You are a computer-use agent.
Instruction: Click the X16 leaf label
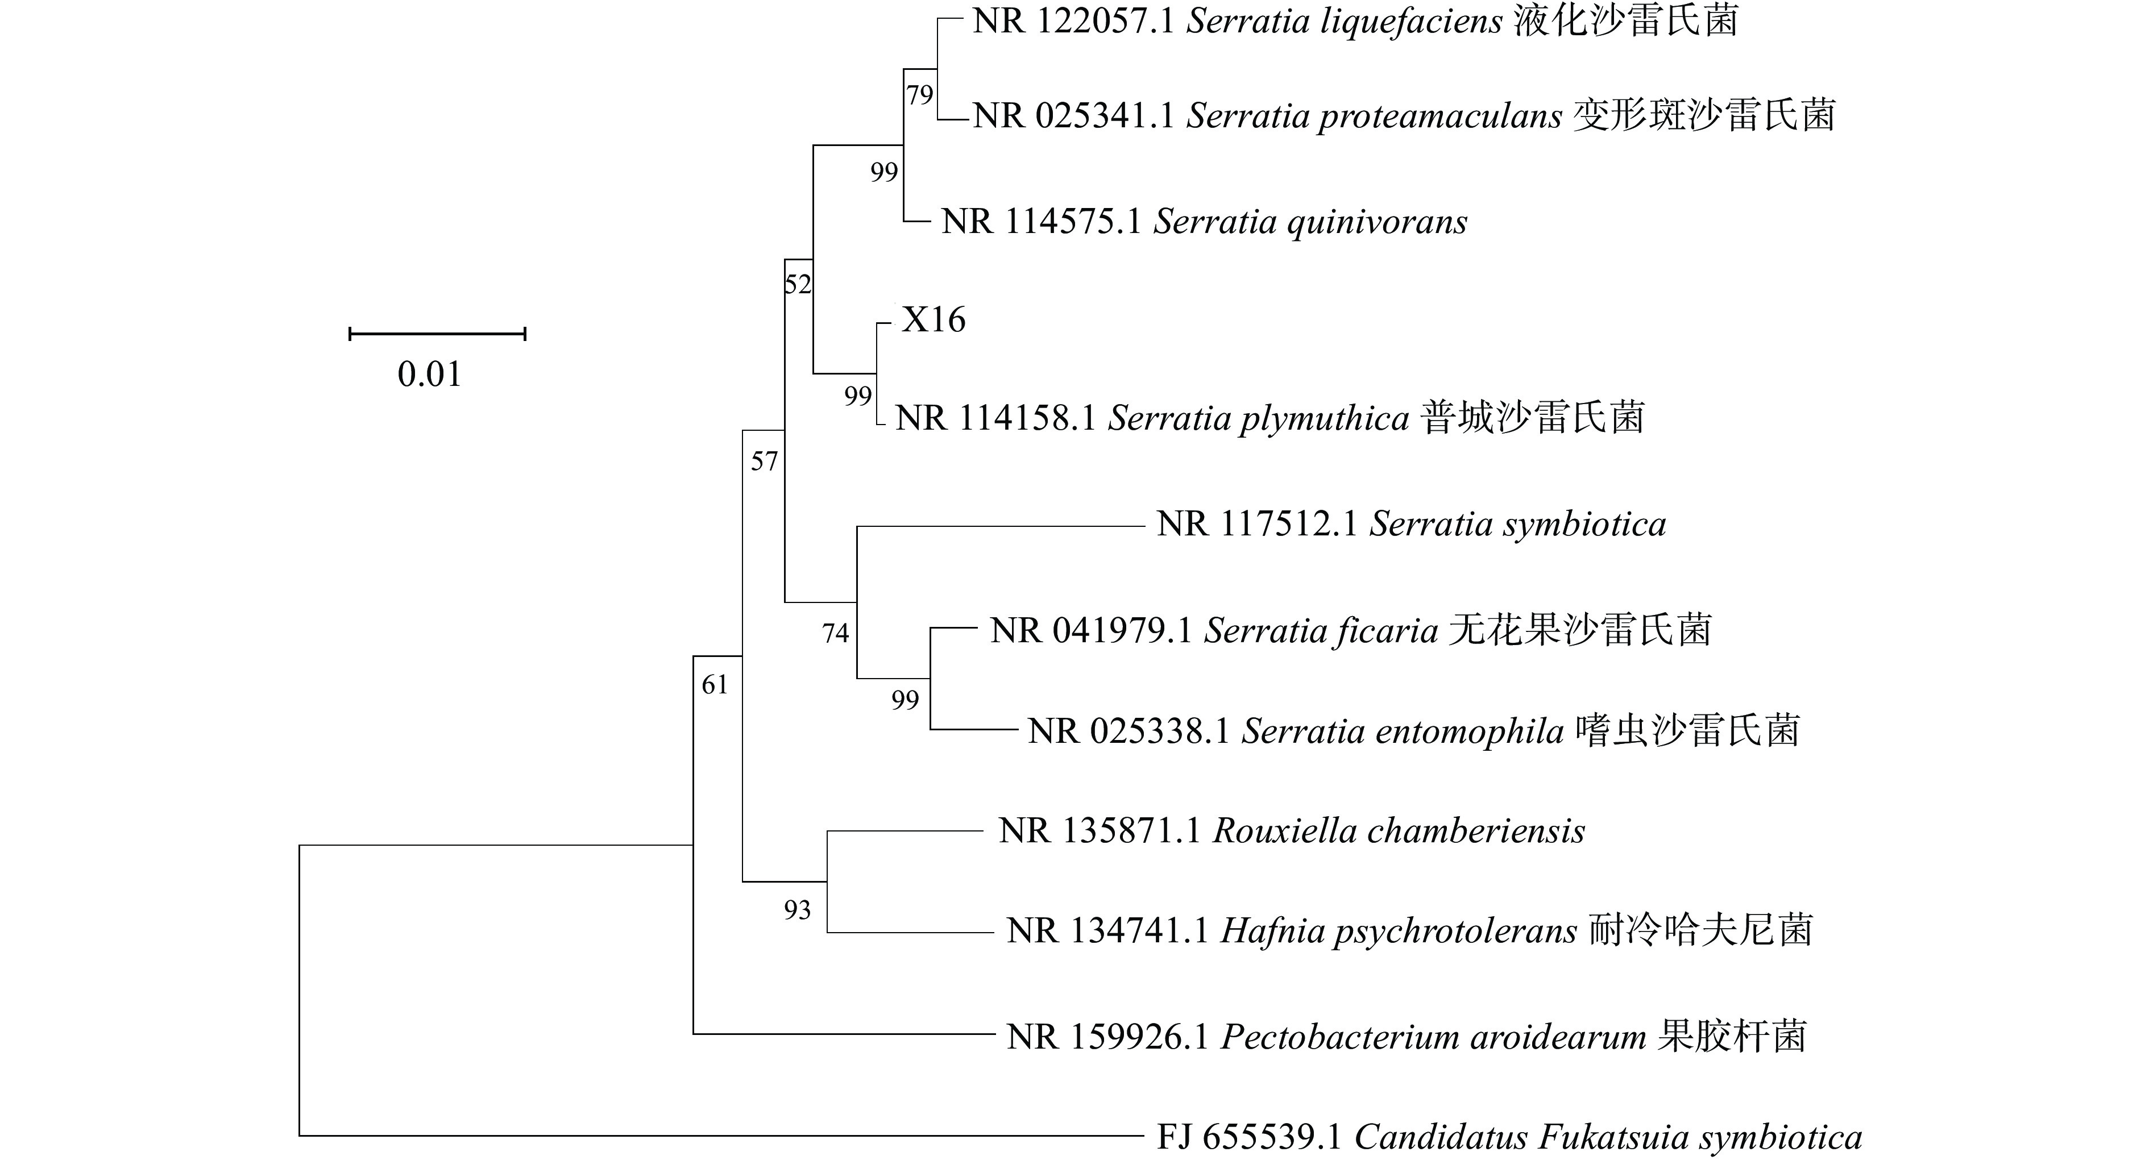click(x=934, y=319)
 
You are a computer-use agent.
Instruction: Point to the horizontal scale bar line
click(x=437, y=334)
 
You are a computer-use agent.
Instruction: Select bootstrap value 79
click(x=919, y=95)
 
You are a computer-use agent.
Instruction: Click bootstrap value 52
click(x=798, y=284)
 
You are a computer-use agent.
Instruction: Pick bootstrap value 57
click(x=764, y=460)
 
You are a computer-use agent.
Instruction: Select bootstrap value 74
click(x=835, y=634)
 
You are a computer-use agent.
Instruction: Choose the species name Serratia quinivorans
click(x=1310, y=222)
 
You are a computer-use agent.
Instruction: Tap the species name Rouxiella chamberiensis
click(x=1398, y=830)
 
